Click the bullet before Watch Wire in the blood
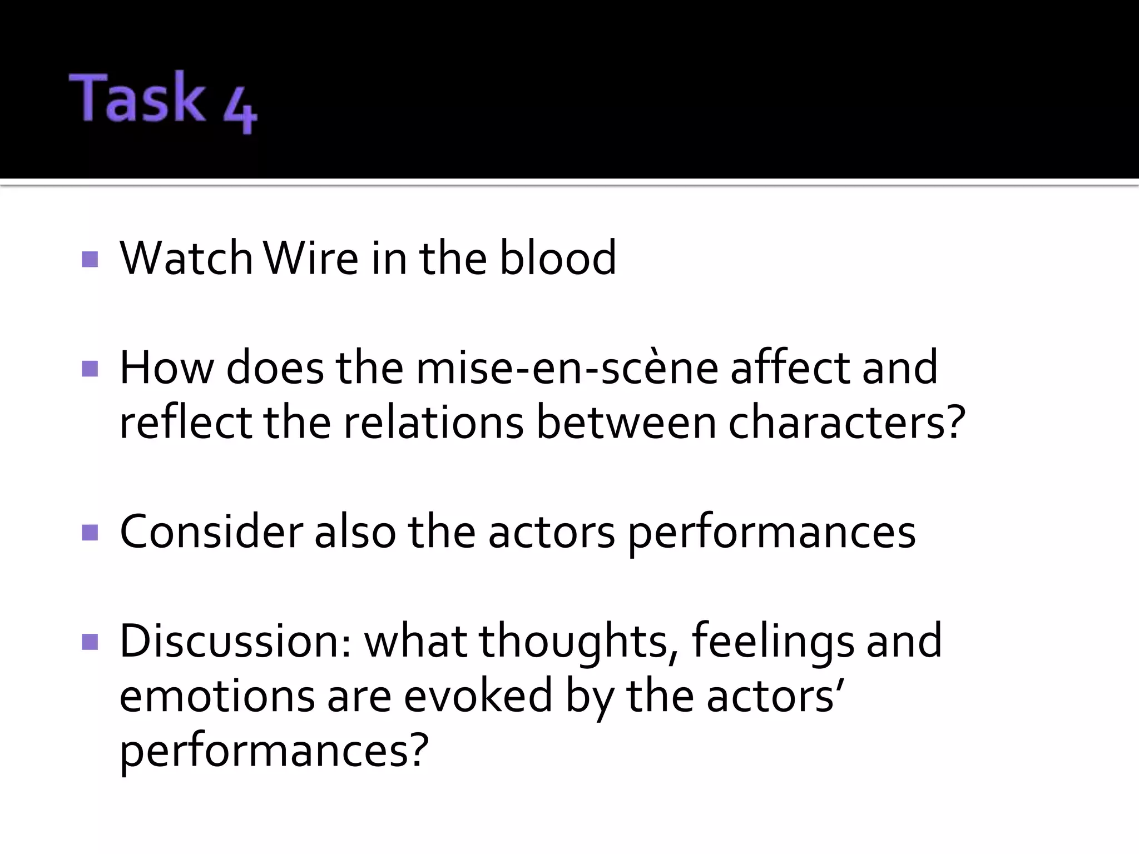(90, 259)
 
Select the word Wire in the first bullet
(311, 258)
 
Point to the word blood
(558, 258)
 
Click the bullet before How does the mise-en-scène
(90, 369)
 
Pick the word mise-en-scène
(567, 368)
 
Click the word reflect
(185, 423)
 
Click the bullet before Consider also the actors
(90, 533)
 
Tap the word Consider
(211, 533)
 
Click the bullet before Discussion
(90, 642)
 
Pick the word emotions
(217, 697)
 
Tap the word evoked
(478, 697)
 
